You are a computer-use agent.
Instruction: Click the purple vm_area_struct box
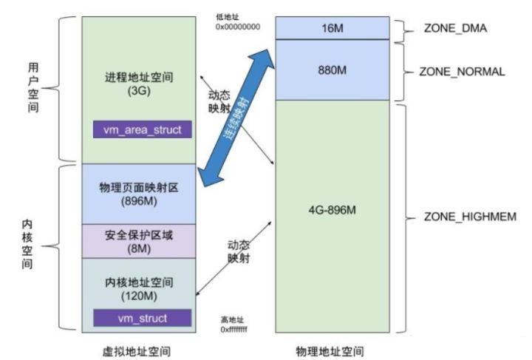pos(142,129)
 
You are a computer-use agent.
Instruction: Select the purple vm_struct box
pos(142,318)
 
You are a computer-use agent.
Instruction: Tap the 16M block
pos(332,28)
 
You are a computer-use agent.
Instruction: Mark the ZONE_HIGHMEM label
pos(461,217)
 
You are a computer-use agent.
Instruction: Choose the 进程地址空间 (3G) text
pos(140,83)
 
